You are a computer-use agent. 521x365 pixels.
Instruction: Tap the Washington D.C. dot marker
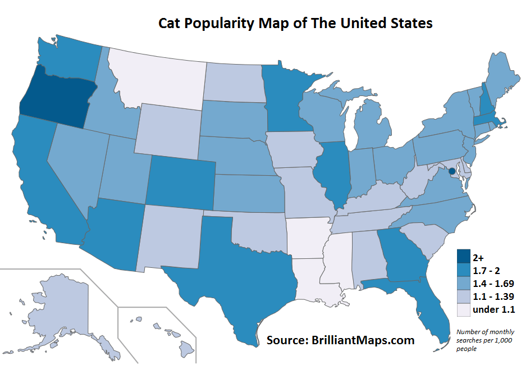pyautogui.click(x=451, y=171)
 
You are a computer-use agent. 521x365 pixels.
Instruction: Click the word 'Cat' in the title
pyautogui.click(x=171, y=24)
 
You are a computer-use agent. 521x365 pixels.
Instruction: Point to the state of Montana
pyautogui.click(x=157, y=79)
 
